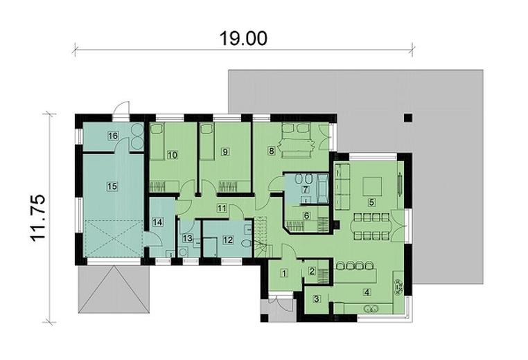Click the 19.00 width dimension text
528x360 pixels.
(243, 39)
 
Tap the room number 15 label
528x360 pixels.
(112, 185)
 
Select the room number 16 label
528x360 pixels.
(112, 136)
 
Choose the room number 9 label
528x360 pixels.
(225, 151)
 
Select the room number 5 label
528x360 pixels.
(371, 202)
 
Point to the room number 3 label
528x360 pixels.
(316, 299)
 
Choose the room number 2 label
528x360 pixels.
(312, 271)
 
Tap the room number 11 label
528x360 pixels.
(222, 207)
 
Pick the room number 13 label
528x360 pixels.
(186, 238)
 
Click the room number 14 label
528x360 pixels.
(157, 222)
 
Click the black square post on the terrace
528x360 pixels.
(408, 116)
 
